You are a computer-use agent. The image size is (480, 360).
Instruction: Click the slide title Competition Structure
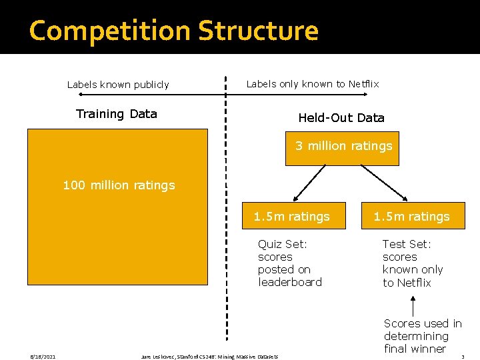pos(174,31)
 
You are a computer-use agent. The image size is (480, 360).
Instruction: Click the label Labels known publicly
pos(118,85)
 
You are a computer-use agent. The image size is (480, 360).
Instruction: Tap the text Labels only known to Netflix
pos(312,84)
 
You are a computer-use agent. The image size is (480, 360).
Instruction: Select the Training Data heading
pos(117,114)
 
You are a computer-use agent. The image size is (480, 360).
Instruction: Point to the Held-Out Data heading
pos(341,118)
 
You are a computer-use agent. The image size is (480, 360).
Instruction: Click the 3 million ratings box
pos(343,147)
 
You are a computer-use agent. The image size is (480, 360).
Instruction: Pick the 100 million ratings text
pos(119,185)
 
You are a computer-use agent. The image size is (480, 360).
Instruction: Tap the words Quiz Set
pos(282,244)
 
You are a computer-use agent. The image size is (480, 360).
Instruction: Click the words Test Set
pos(407,244)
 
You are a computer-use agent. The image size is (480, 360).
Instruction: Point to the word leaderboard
pos(289,282)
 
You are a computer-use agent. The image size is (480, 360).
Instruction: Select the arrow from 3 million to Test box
pos(385,183)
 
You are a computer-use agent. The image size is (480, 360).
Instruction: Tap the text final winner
pos(415,349)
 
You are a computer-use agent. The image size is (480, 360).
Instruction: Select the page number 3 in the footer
pos(462,357)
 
